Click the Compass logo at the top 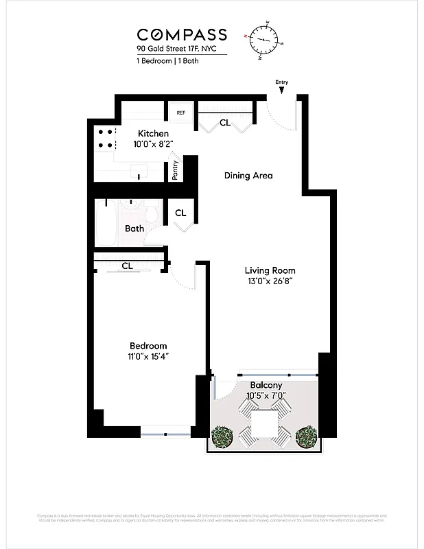point(181,34)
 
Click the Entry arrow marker point(282,89)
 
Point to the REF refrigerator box point(181,113)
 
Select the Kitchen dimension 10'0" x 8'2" point(154,144)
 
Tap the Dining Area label point(248,176)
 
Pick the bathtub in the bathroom point(107,224)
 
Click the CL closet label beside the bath point(180,213)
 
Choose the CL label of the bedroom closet point(127,266)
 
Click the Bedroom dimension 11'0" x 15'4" point(148,357)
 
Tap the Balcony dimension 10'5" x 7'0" point(266,396)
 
